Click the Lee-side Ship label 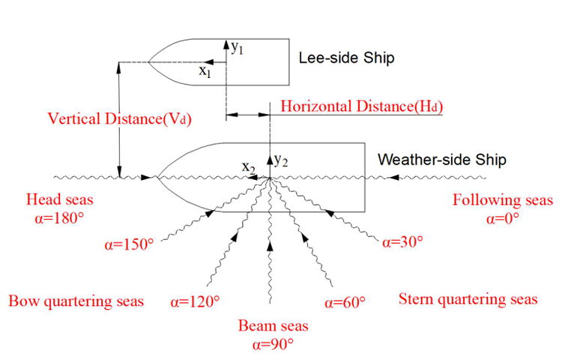tap(346, 58)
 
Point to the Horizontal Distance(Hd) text tap(361, 106)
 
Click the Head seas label tap(55, 200)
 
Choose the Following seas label tap(503, 200)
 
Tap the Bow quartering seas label tap(76, 301)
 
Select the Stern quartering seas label tap(468, 299)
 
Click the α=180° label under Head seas tap(55, 218)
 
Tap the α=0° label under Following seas tap(503, 218)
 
